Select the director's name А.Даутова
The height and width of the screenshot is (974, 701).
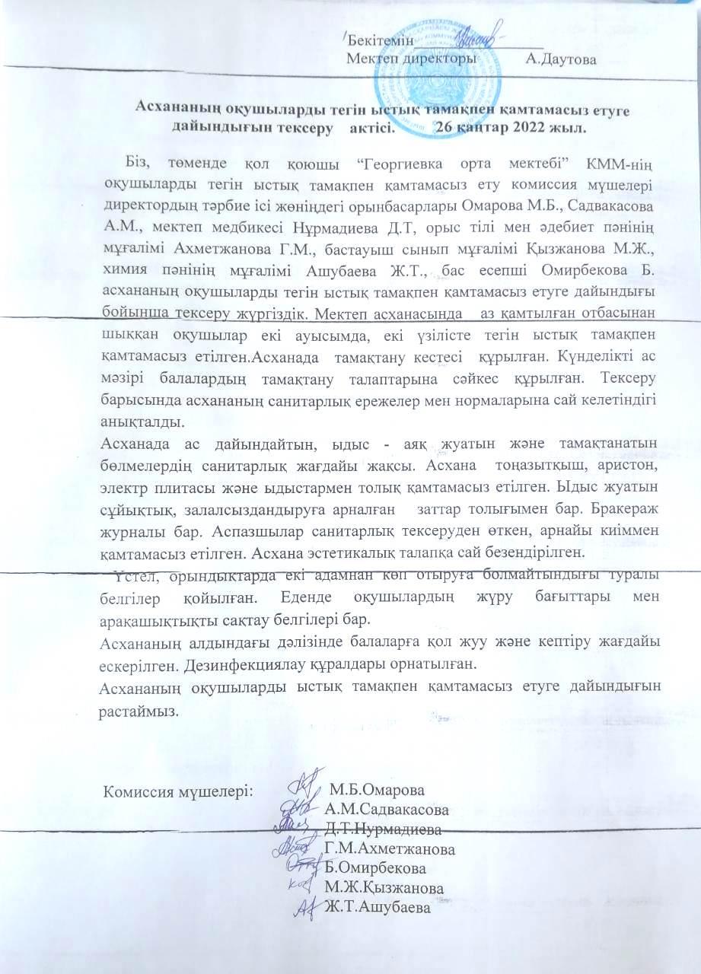[561, 59]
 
